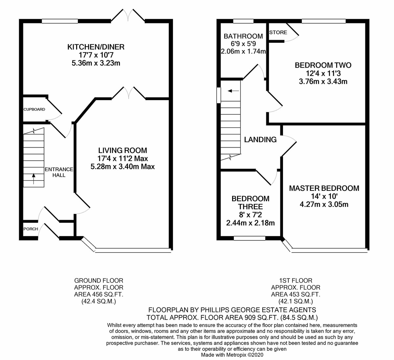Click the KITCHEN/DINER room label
[x=96, y=47]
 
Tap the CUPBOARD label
[x=34, y=109]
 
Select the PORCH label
[x=31, y=229]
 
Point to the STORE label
[x=278, y=32]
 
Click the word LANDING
[x=260, y=140]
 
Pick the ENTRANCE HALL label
[x=59, y=172]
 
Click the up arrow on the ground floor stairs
[x=33, y=179]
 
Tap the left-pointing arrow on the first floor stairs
[x=233, y=91]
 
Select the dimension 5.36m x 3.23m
[x=96, y=63]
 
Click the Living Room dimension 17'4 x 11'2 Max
[x=122, y=158]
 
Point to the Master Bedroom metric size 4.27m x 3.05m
[x=324, y=204]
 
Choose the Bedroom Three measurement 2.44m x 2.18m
[x=251, y=223]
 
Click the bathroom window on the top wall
[x=243, y=21]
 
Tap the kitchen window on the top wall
[x=60, y=21]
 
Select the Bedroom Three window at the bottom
[x=250, y=238]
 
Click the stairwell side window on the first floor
[x=219, y=95]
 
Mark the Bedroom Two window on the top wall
[x=324, y=21]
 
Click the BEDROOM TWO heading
[x=323, y=65]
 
